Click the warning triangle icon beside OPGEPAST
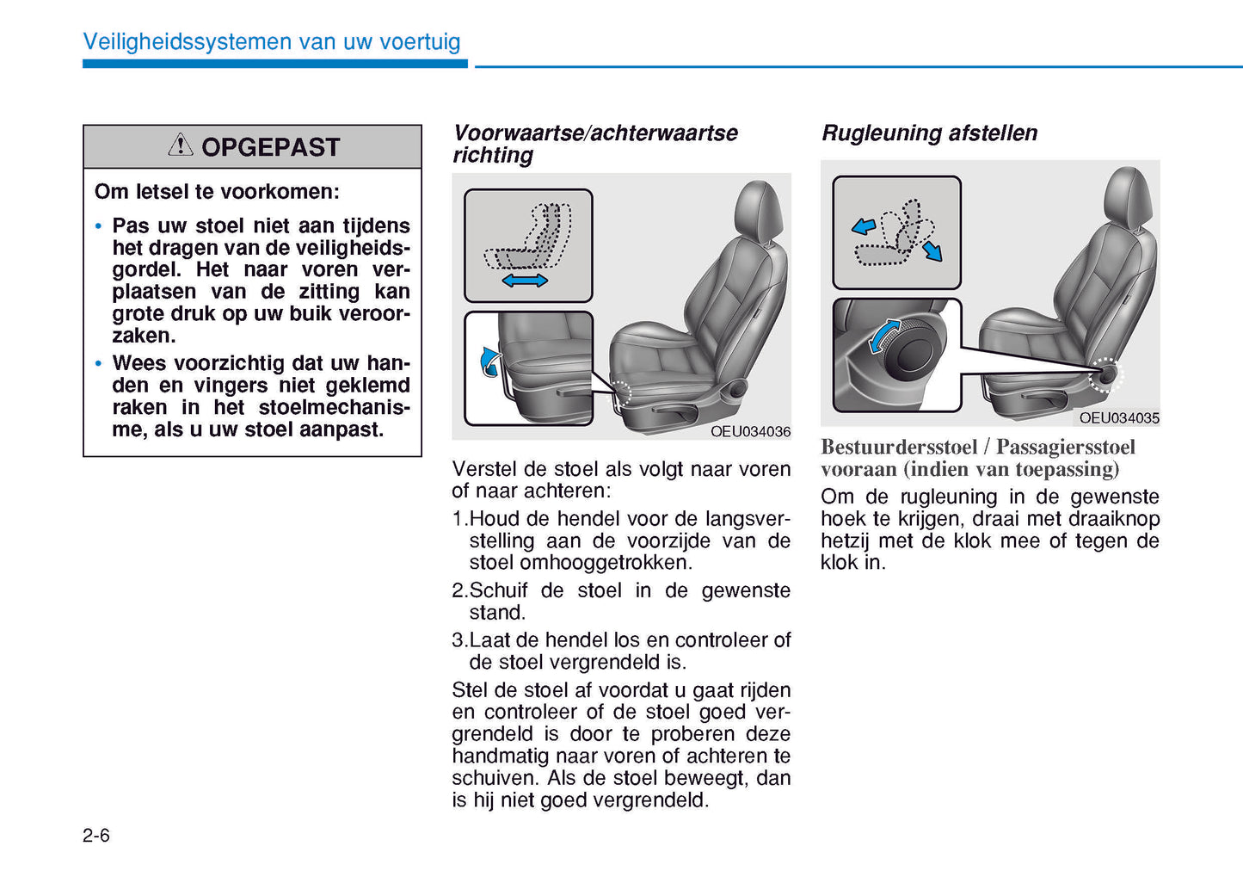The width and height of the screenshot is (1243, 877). pos(181,145)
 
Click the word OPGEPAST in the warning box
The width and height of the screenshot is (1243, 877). pos(270,147)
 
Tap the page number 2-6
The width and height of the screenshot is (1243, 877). pos(96,836)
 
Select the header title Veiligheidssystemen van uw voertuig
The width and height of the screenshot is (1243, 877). pos(272,41)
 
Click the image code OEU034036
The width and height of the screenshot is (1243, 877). pos(750,431)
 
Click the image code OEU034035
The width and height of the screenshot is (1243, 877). pos(1119,417)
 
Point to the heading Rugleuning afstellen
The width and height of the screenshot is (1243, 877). pos(929,133)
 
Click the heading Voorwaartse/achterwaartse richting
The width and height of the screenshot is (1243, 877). pos(594,144)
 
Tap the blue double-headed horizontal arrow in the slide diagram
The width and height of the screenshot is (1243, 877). pos(525,281)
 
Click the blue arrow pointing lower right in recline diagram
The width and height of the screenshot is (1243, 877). pos(932,251)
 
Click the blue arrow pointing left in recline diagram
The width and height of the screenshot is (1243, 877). pos(863,226)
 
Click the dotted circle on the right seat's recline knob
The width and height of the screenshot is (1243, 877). pos(1105,375)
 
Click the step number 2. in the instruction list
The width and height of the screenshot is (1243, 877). pos(459,590)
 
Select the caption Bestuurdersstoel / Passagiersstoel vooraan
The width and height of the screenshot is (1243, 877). pos(977,458)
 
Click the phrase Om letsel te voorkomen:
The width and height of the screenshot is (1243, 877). pos(217,192)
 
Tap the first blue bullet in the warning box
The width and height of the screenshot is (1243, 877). pos(99,226)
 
